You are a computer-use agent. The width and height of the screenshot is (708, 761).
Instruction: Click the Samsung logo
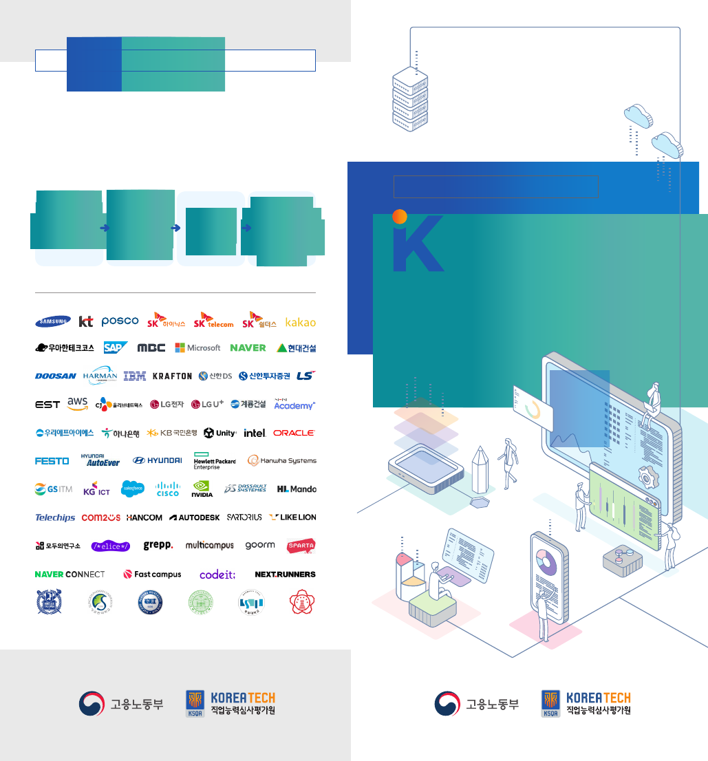53,321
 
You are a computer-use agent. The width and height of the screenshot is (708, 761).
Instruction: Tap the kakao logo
301,322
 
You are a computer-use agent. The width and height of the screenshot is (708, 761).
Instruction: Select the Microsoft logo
197,347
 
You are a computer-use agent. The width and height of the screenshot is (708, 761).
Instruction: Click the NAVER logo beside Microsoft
248,347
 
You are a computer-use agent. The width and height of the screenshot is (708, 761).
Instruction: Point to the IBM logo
135,376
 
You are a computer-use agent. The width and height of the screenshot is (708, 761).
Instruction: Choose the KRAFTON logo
172,376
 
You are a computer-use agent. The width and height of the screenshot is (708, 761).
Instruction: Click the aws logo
78,404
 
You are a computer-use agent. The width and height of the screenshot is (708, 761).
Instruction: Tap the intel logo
255,433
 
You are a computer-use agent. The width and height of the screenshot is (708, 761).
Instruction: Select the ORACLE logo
294,433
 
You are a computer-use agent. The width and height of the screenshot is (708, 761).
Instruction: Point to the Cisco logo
167,489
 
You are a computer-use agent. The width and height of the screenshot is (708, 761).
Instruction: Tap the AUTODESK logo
195,517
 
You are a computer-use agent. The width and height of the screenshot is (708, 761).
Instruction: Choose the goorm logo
260,545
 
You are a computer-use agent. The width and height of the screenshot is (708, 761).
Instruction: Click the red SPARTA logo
300,545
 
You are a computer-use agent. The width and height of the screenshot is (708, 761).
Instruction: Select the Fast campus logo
152,574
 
